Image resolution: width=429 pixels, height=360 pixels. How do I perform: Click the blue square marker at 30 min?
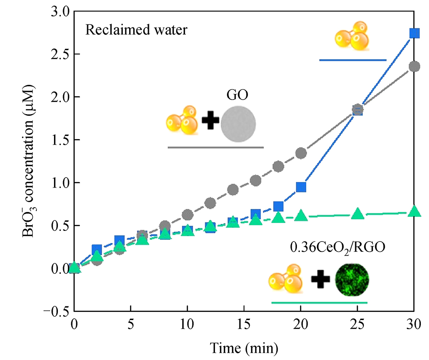[x=414, y=33]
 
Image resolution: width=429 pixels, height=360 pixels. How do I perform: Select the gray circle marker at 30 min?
[x=414, y=67]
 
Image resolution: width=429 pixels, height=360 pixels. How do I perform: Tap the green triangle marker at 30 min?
[x=414, y=212]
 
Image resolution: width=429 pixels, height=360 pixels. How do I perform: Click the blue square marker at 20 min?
[x=301, y=187]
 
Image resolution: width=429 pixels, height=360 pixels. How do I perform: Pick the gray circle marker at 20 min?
[x=301, y=153]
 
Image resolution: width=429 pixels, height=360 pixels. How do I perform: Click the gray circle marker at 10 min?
[x=187, y=215]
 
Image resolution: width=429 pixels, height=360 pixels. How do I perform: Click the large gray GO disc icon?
[x=239, y=125]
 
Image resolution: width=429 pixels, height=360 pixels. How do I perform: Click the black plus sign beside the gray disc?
[x=210, y=121]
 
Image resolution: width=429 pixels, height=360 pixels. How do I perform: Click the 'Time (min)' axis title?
[x=244, y=346]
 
